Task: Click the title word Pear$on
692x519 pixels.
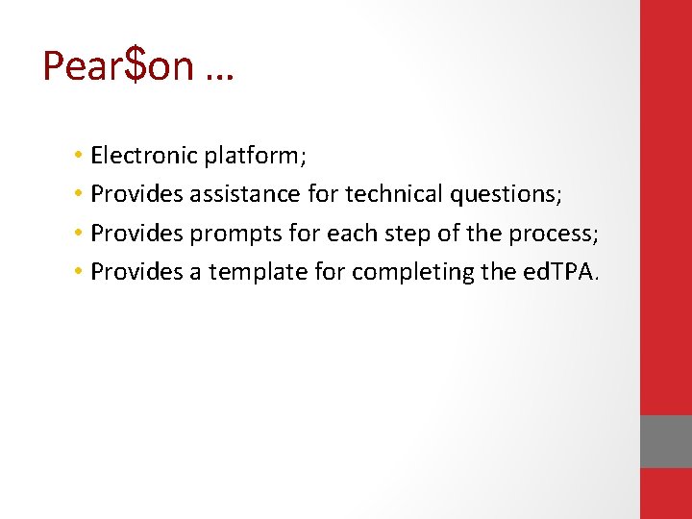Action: (x=118, y=65)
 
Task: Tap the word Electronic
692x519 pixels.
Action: (x=143, y=155)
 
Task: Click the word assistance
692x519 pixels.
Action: (x=245, y=194)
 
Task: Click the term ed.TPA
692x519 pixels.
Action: (x=560, y=272)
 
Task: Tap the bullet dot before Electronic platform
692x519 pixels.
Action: (x=76, y=156)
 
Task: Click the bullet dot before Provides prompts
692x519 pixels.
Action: (x=76, y=234)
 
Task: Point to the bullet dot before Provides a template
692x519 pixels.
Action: (x=76, y=273)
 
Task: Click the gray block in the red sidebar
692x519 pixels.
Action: (x=666, y=441)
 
